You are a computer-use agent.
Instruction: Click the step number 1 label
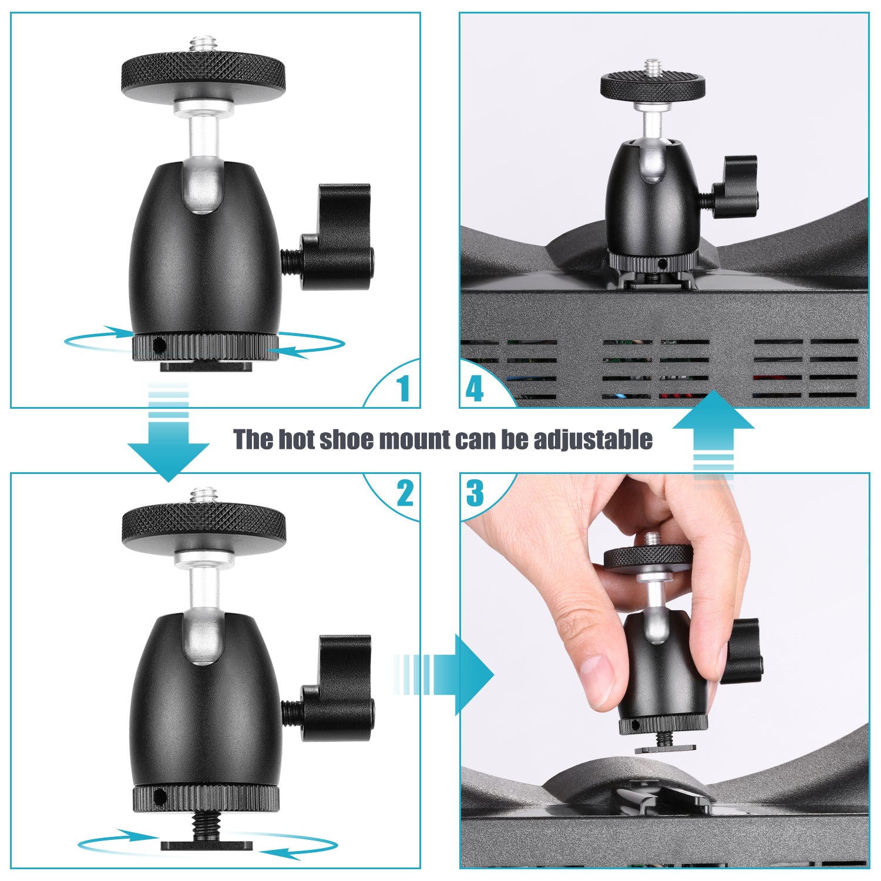click(x=403, y=388)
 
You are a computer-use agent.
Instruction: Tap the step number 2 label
click(x=405, y=493)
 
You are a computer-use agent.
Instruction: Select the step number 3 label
click(x=475, y=493)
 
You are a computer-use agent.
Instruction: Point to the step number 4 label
click(x=474, y=388)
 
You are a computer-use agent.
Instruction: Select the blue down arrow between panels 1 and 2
click(x=169, y=446)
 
